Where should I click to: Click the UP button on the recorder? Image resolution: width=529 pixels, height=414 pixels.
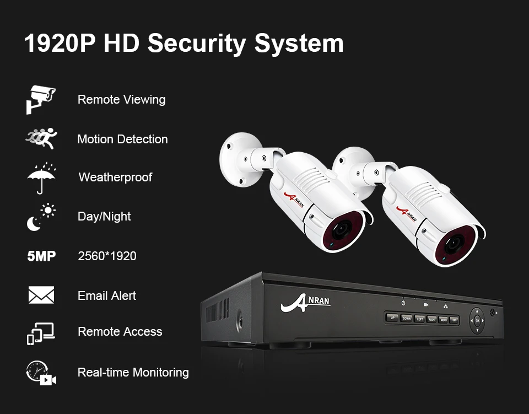click(392, 318)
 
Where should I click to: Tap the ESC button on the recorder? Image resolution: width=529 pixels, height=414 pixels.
click(455, 320)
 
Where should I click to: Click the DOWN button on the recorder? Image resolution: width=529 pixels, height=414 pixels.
click(407, 318)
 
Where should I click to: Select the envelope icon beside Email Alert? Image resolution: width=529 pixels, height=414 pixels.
click(41, 295)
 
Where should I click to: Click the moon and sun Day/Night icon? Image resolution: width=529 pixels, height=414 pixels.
click(41, 217)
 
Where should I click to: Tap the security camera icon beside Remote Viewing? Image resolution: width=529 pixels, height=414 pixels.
click(41, 99)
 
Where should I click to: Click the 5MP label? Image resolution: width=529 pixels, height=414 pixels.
click(41, 256)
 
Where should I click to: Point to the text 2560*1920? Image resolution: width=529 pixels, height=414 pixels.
click(107, 256)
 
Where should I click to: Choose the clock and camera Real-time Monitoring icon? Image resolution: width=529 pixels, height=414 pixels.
click(41, 373)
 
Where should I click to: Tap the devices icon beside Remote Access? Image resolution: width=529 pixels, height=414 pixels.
click(41, 332)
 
